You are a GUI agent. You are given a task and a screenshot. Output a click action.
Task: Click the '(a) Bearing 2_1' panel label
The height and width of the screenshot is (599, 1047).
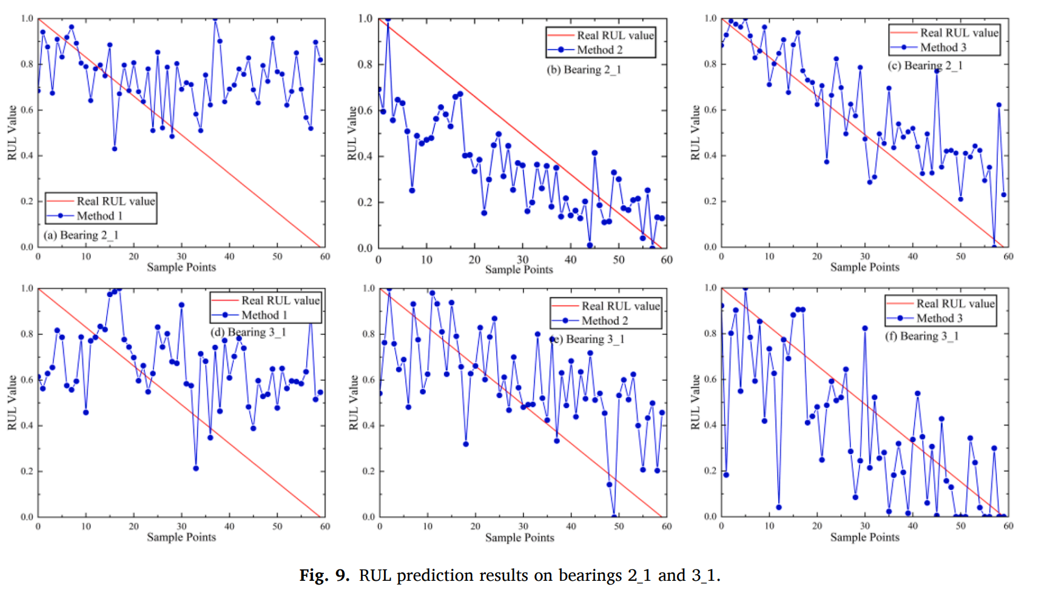81,235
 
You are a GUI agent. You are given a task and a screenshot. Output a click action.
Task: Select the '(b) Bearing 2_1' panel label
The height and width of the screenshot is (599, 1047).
584,70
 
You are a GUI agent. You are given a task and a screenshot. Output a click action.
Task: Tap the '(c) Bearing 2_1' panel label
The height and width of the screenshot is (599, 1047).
925,65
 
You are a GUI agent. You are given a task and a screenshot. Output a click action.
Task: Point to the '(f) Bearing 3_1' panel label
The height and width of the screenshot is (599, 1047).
921,336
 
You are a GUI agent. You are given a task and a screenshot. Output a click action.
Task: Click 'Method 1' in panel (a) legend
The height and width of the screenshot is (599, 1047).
99,216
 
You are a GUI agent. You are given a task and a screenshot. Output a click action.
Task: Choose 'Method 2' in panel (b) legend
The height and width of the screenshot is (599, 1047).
599,50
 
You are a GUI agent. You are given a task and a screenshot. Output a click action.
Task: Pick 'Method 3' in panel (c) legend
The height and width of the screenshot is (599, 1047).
943,47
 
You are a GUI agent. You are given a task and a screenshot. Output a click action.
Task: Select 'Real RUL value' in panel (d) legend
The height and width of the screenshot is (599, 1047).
280,300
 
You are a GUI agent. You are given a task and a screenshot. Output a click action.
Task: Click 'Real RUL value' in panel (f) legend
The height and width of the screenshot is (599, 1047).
955,303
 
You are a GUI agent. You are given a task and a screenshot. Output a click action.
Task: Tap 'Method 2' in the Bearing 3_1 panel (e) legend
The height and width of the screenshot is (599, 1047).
604,321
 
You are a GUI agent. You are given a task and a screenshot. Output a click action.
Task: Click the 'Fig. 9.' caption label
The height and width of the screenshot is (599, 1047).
325,575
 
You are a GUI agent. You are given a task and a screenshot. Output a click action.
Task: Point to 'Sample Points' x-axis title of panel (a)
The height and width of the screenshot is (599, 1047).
181,267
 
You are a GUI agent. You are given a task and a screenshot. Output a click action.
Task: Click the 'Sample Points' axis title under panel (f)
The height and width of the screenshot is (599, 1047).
864,537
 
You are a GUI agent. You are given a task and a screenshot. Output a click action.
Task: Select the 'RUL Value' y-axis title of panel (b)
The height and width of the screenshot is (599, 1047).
352,133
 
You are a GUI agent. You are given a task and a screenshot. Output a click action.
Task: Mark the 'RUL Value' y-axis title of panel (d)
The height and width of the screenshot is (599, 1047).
12,403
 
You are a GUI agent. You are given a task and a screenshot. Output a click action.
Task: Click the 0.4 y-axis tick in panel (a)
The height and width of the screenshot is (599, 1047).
27,156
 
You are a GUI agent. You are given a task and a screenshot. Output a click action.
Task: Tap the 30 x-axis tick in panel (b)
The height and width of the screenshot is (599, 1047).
522,259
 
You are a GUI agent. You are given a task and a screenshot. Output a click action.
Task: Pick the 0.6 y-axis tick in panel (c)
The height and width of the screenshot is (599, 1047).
710,110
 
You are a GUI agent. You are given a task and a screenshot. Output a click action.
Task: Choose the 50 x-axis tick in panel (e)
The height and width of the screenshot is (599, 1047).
619,526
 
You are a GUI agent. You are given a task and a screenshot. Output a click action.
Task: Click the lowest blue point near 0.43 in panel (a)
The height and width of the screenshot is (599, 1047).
115,149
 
